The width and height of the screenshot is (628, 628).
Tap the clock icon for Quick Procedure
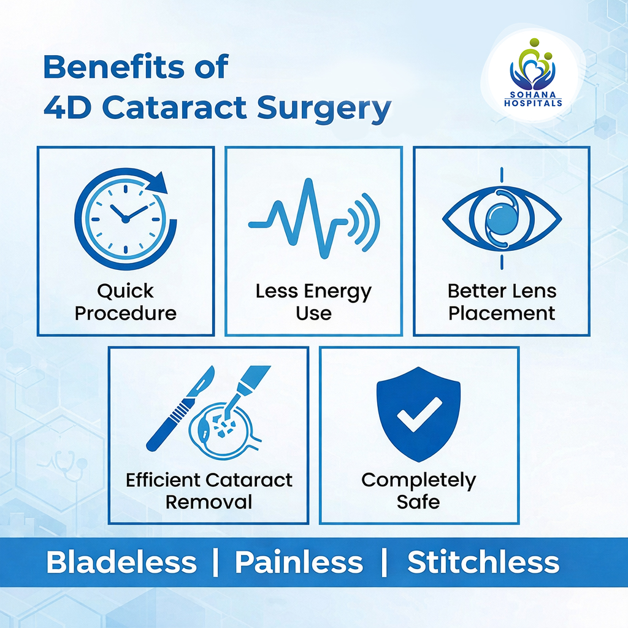pos(126,218)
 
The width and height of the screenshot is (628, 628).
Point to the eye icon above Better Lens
pos(502,218)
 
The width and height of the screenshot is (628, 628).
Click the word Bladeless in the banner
pos(121,562)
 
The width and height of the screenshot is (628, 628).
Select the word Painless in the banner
pos(299,562)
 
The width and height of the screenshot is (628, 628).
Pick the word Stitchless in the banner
pos(483,562)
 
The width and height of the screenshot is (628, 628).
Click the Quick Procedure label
pos(125,302)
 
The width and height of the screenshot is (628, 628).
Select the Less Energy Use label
pos(313,302)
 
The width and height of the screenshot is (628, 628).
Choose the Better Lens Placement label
pos(502,302)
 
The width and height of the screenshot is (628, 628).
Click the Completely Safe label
pos(419,491)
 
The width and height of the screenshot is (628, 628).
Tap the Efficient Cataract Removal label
pos(209,491)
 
